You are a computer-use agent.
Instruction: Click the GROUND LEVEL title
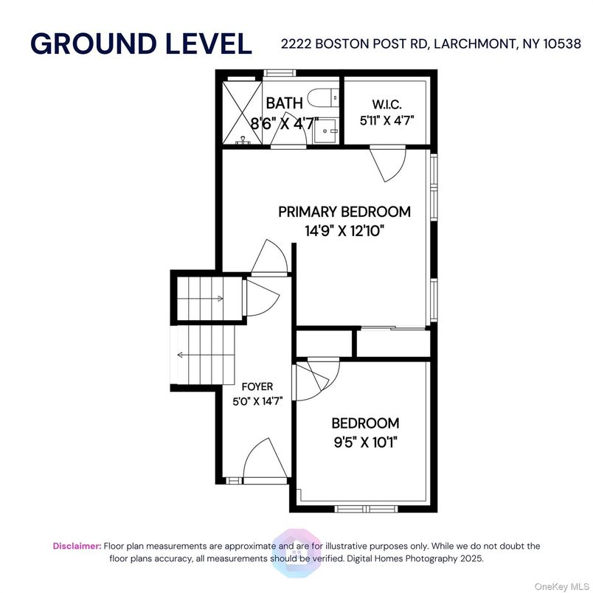pos(141,44)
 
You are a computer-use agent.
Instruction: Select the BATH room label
pos(284,103)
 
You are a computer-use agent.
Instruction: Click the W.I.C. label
pos(386,105)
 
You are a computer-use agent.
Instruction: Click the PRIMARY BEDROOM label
pos(344,212)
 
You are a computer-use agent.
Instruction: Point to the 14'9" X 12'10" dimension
pos(344,230)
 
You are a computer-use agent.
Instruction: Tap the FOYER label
pos(257,386)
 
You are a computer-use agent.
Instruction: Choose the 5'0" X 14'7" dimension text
pos(257,401)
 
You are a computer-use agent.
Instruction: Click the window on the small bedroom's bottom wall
pos(367,508)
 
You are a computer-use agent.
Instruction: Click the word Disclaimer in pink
pos(77,546)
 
